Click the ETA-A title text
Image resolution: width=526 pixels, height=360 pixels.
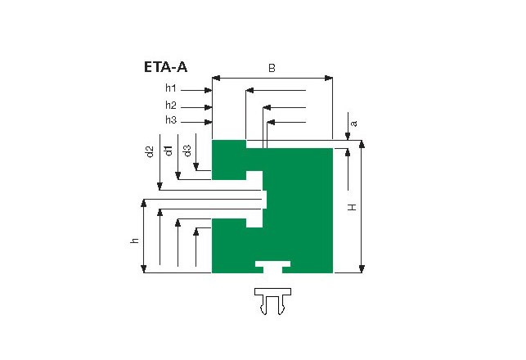(165, 67)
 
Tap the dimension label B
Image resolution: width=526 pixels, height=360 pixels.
(272, 68)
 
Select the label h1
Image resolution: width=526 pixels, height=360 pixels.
(171, 88)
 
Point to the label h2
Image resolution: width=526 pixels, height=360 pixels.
(171, 106)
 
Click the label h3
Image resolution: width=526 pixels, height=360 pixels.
(171, 119)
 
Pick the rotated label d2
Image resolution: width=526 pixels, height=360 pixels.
(150, 151)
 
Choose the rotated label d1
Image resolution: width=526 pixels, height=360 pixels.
(169, 151)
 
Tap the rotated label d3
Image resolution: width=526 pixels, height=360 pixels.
(187, 151)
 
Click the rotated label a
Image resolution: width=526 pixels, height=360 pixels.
(353, 124)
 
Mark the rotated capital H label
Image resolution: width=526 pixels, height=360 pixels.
(352, 207)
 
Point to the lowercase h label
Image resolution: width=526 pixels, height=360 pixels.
(134, 241)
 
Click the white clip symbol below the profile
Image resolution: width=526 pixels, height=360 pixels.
(272, 301)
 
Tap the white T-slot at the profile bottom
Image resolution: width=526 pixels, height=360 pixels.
(272, 267)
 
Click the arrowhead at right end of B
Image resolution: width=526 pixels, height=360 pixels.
(329, 79)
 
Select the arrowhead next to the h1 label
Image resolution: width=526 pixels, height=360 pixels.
(208, 90)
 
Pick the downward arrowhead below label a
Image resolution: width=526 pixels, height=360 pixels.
(348, 136)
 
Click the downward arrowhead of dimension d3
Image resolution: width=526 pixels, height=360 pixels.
(196, 166)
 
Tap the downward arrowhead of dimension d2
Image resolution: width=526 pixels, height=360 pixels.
(160, 186)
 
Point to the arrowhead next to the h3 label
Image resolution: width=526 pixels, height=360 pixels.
(208, 122)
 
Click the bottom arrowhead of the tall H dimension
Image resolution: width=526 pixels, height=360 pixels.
(362, 268)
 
